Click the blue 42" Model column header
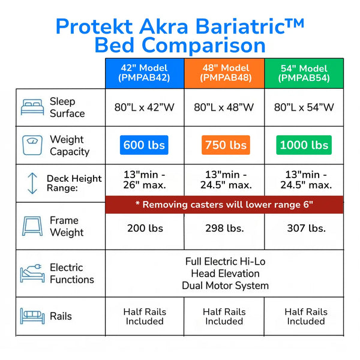point(144,73)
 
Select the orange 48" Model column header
point(224,73)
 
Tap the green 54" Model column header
point(304,73)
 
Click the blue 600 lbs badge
point(145,145)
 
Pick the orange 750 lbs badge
point(224,145)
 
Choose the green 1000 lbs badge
point(304,145)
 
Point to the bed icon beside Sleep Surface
point(32,107)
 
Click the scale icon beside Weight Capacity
point(32,145)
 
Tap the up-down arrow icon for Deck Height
point(32,184)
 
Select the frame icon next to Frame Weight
point(32,226)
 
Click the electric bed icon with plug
point(32,273)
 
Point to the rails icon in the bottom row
point(32,316)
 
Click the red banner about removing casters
point(224,205)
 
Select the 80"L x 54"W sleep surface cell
point(304,107)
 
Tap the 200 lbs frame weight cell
point(145,228)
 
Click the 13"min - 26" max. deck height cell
point(145,179)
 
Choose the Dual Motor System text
point(225,286)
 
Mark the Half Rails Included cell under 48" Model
point(224,316)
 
